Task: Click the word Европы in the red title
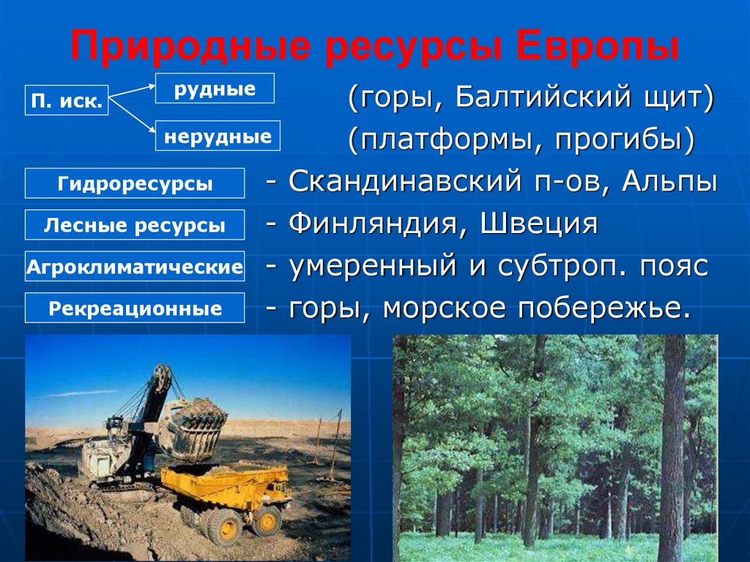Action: [598, 47]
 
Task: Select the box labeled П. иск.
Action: [67, 100]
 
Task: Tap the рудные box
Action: [215, 88]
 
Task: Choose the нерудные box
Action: [218, 136]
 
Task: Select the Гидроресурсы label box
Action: [135, 183]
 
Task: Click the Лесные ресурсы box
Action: [135, 224]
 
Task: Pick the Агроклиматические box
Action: [135, 266]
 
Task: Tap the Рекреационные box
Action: [135, 308]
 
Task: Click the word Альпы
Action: [669, 182]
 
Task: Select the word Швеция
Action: [539, 224]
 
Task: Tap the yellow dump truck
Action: [226, 498]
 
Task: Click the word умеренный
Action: [373, 266]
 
